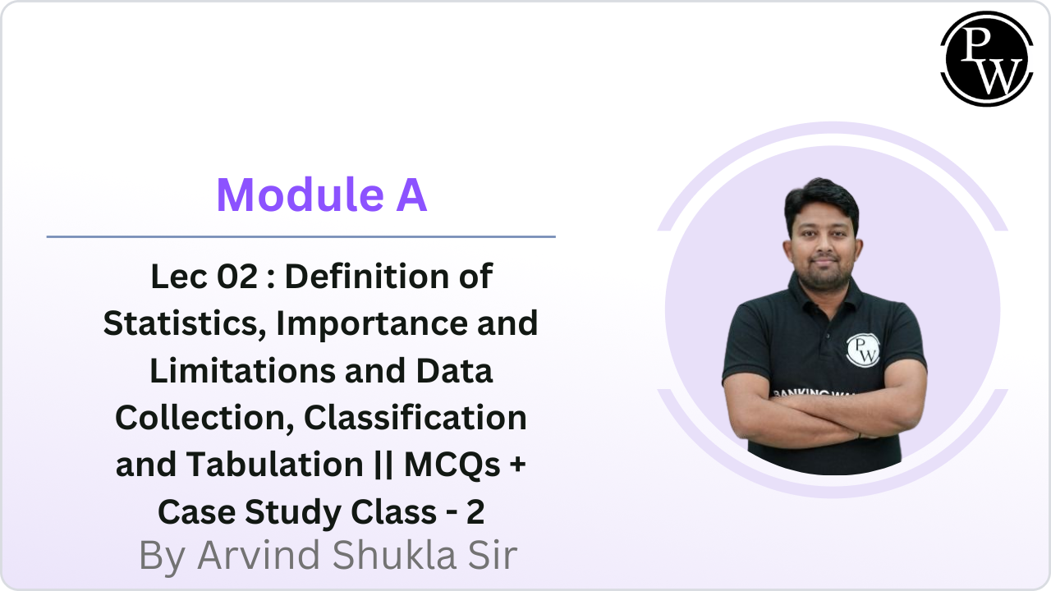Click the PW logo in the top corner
click(x=986, y=58)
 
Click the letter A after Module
click(x=408, y=195)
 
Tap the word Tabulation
click(x=264, y=465)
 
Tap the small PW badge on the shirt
click(x=862, y=349)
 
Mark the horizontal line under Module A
click(x=301, y=236)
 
